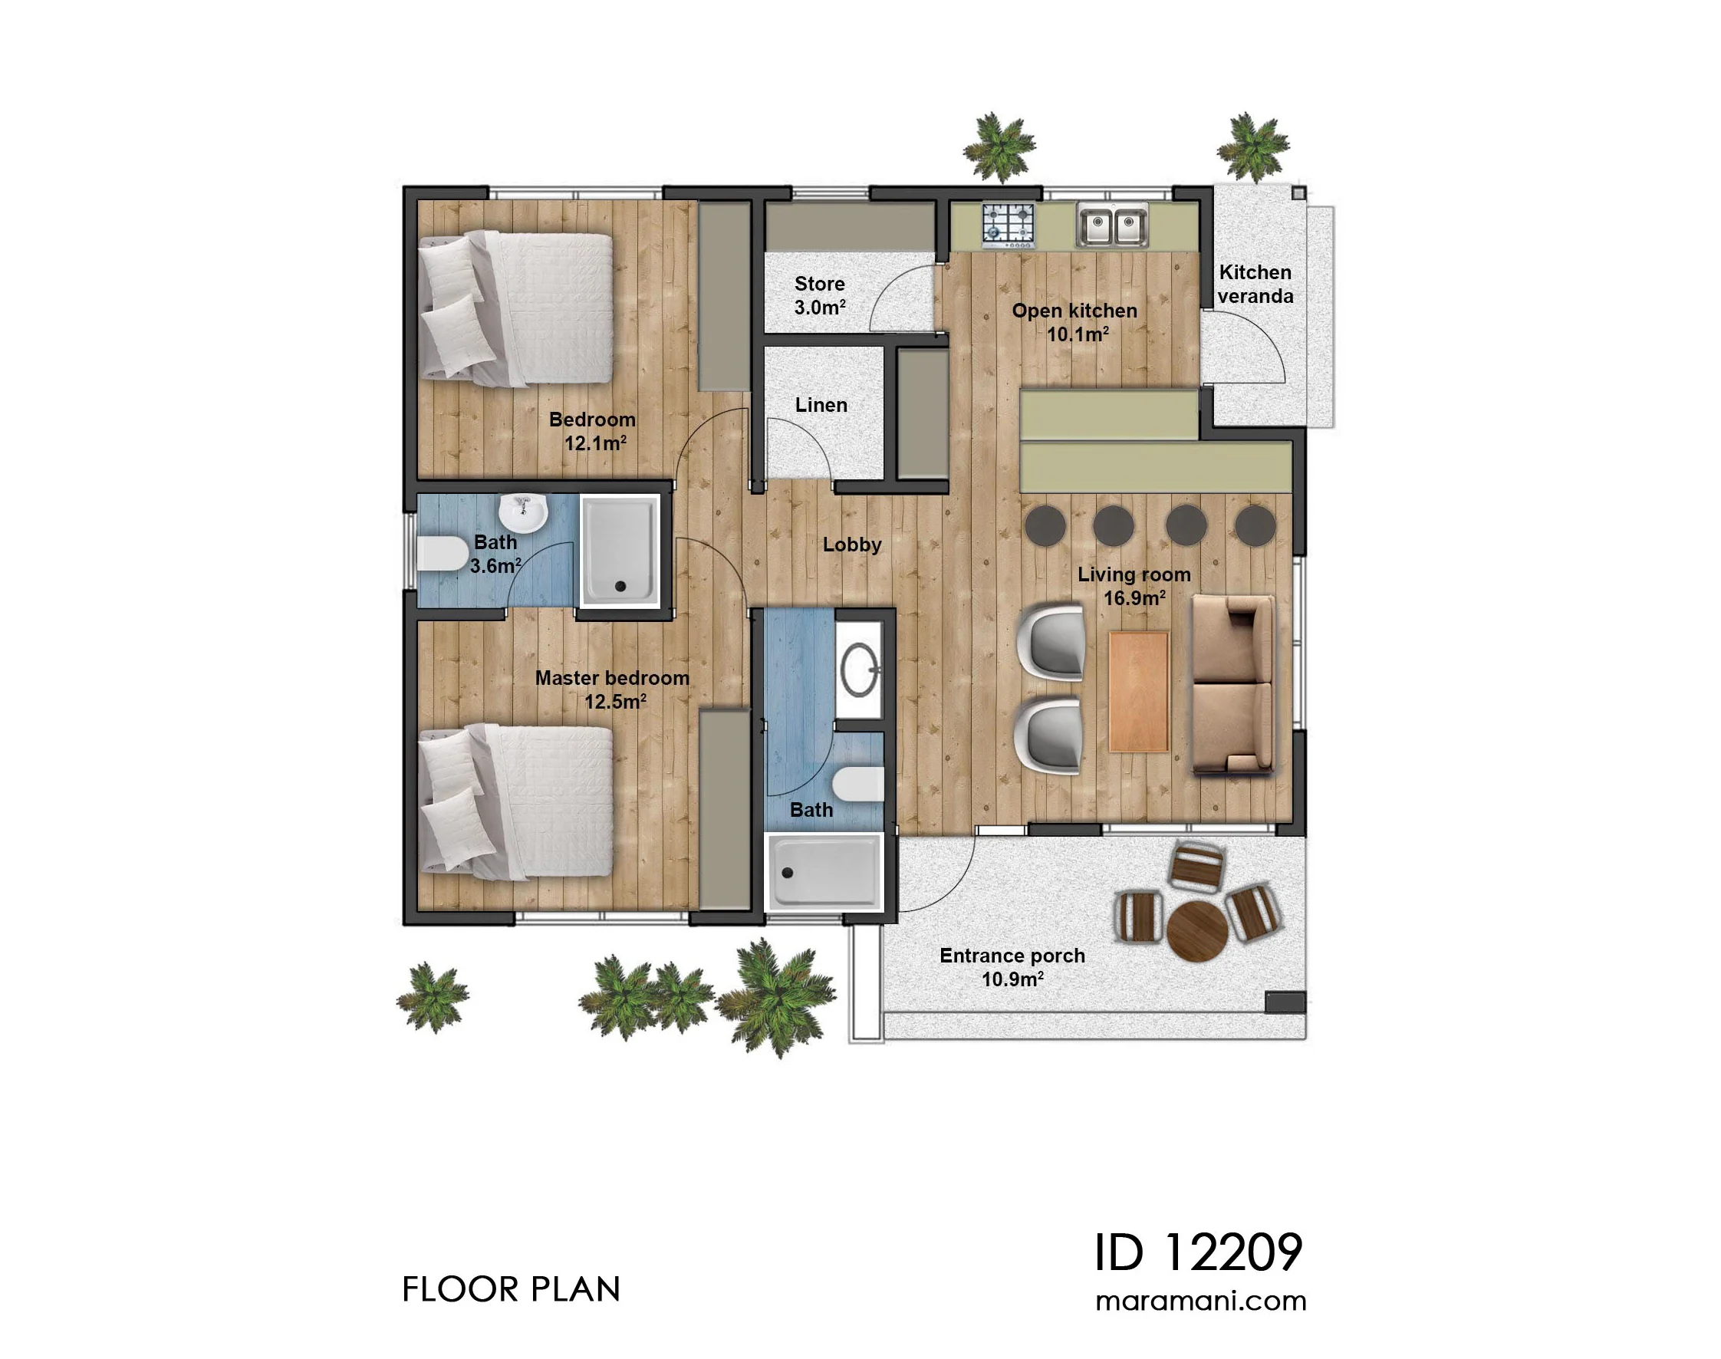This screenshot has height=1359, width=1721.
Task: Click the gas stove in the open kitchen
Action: click(1007, 224)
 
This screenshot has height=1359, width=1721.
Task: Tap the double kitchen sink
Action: click(1111, 225)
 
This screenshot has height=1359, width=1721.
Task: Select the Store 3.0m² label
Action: click(820, 295)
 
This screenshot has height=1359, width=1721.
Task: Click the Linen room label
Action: click(821, 405)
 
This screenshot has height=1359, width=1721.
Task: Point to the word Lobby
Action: click(852, 545)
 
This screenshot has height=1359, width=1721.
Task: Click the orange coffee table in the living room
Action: click(1138, 692)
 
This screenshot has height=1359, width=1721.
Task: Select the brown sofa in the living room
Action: click(1232, 685)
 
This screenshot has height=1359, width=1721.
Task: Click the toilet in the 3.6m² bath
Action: click(443, 554)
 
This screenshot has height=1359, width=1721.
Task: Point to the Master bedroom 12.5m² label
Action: click(613, 689)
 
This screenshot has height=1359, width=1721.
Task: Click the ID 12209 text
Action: click(1198, 1252)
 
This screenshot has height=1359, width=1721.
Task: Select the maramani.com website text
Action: click(1201, 1301)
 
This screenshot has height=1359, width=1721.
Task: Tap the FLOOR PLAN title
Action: click(511, 1290)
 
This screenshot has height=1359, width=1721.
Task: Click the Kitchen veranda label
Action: click(1255, 284)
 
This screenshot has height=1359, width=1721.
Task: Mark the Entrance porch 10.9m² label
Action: click(1012, 968)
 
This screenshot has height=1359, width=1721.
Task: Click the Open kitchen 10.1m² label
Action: click(1074, 322)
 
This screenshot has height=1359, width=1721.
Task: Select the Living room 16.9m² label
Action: click(1134, 587)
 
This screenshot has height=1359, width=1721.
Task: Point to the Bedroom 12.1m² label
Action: click(593, 431)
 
